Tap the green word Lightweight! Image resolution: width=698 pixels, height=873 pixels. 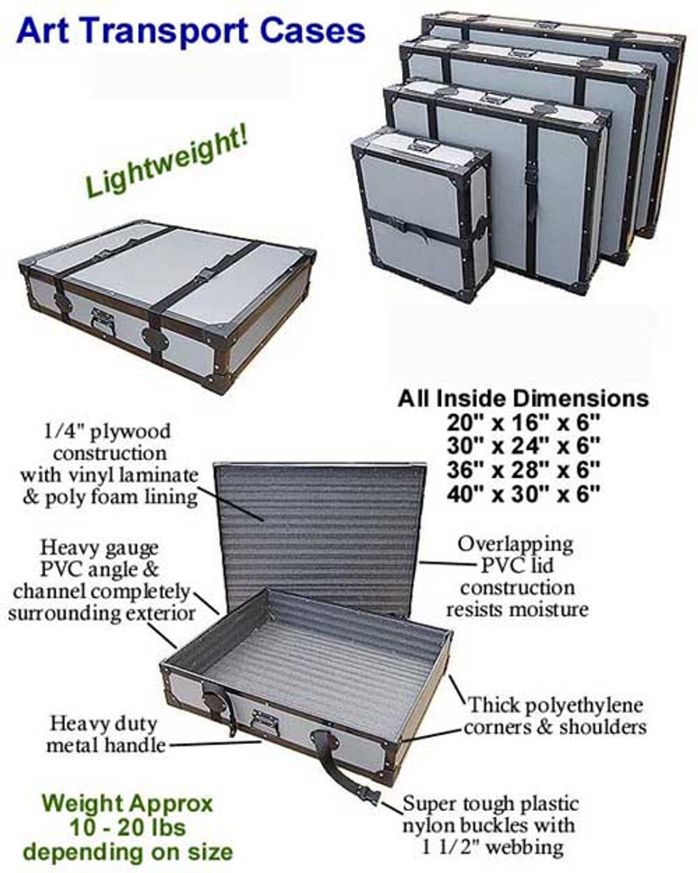pyautogui.click(x=166, y=166)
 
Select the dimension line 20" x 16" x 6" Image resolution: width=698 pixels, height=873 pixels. pyautogui.click(x=523, y=422)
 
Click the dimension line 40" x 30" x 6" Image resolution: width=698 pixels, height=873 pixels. pyautogui.click(x=523, y=494)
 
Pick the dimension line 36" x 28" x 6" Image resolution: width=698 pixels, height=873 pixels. pyautogui.click(x=523, y=470)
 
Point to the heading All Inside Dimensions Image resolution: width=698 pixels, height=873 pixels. pyautogui.click(x=523, y=398)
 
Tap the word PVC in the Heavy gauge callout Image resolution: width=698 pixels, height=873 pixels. pyautogui.click(x=61, y=569)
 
